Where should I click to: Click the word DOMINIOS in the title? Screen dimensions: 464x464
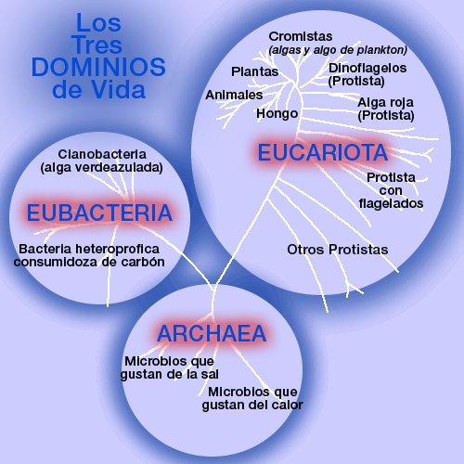tap(98, 67)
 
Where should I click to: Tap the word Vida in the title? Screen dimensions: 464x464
tap(119, 90)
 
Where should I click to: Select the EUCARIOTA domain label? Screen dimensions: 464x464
tap(323, 152)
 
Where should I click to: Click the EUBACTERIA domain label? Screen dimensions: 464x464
tap(99, 213)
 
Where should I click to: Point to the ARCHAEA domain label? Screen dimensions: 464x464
tap(212, 333)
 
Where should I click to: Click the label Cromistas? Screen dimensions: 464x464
tap(301, 36)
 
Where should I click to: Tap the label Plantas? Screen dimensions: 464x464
tap(255, 71)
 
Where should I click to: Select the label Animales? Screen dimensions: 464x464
tap(234, 95)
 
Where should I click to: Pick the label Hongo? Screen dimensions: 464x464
tap(277, 114)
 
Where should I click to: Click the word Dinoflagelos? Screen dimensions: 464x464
tap(367, 69)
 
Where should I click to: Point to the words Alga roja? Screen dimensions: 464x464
tap(385, 102)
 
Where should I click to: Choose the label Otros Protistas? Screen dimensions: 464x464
tap(338, 250)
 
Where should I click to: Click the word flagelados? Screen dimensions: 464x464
tap(391, 204)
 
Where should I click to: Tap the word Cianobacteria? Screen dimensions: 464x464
tap(102, 154)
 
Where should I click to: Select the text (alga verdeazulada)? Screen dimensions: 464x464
tap(101, 168)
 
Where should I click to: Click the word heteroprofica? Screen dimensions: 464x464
tap(117, 249)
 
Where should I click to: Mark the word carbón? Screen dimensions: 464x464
tap(143, 262)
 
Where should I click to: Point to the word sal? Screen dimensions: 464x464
tap(210, 374)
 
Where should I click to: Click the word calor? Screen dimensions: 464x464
tap(289, 405)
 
